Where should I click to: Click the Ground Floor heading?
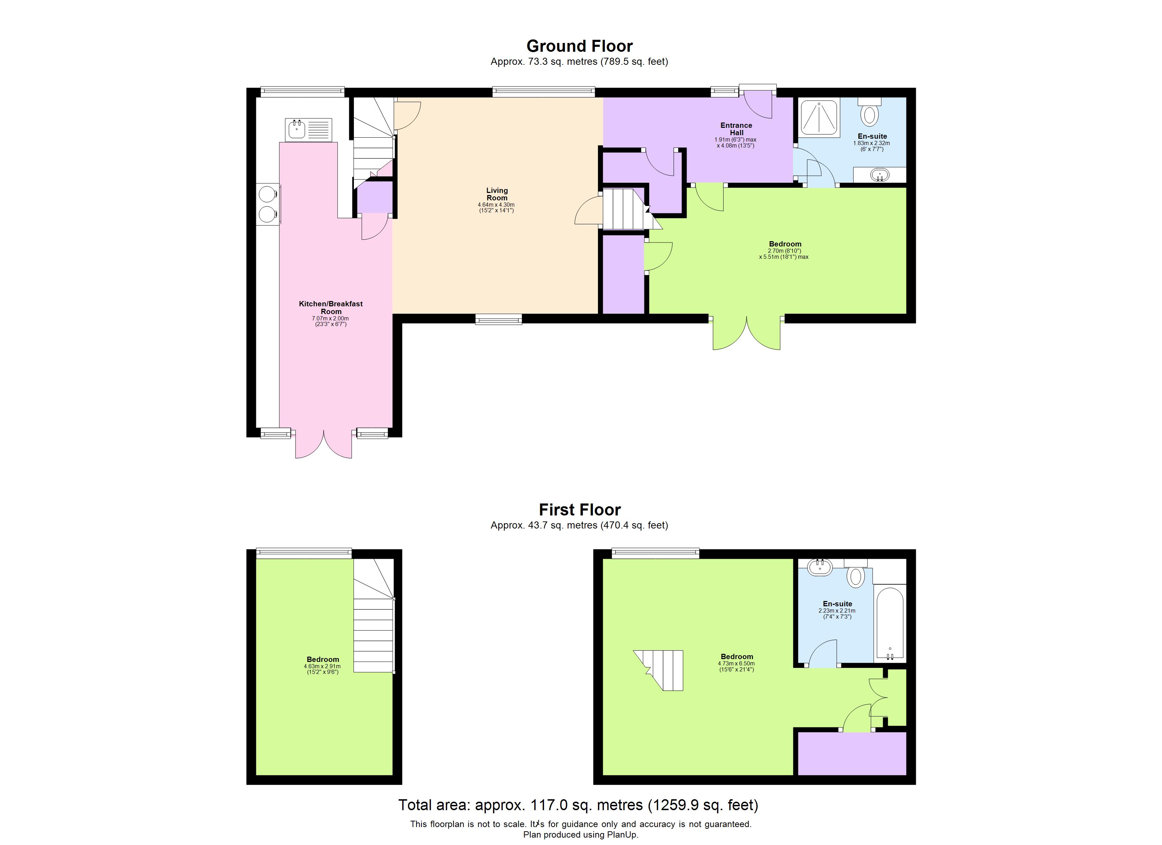pos(580,46)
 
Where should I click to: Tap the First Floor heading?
pos(580,509)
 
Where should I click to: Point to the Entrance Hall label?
pos(736,129)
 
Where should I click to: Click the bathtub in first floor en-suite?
pos(890,624)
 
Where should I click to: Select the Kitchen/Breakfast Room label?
pos(331,307)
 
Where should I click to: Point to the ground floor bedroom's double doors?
pos(746,334)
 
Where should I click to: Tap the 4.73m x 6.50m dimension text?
pos(736,664)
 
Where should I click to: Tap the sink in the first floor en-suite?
pos(820,567)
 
